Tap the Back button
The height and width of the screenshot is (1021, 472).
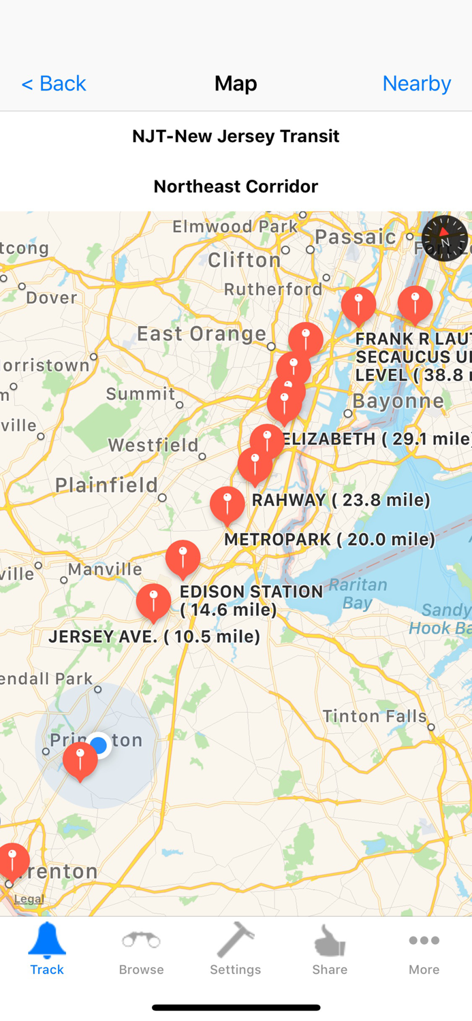tap(53, 83)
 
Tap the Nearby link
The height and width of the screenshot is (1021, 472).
tap(416, 83)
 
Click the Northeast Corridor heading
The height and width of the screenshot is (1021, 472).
tap(236, 186)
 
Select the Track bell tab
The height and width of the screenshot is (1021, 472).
tap(47, 949)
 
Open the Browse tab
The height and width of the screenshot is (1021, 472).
tap(141, 949)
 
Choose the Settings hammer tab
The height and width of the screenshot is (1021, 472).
tap(236, 949)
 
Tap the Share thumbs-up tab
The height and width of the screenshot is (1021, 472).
tap(330, 949)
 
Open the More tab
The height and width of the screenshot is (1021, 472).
tap(424, 949)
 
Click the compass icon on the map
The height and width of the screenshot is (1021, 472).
tap(445, 238)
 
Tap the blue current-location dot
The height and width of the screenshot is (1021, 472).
tap(99, 745)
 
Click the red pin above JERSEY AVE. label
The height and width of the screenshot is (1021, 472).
tap(153, 601)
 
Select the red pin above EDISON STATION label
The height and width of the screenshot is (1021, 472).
tap(183, 558)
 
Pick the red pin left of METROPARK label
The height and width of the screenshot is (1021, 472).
tap(227, 504)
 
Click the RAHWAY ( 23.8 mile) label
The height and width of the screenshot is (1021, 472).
tap(341, 500)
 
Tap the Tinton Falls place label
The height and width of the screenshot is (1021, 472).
tap(375, 716)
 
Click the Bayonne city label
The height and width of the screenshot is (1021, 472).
tap(398, 400)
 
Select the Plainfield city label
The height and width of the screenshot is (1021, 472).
tap(106, 485)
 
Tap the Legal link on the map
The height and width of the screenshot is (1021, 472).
tap(29, 898)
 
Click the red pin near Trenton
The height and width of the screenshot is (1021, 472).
tap(13, 860)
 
